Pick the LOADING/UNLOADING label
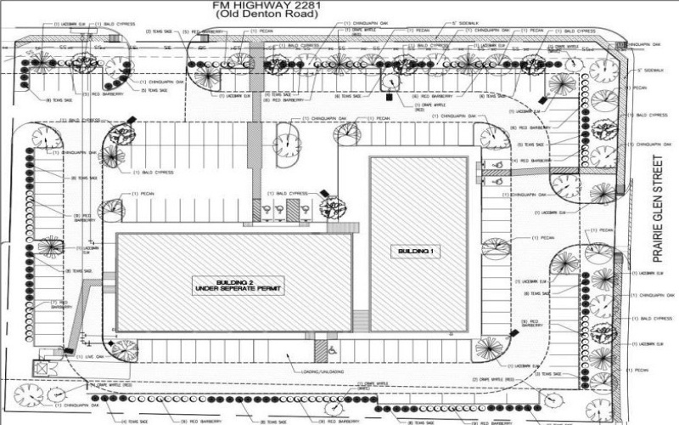(x=322, y=371)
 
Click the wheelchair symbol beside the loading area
(x=332, y=349)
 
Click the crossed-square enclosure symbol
(x=41, y=368)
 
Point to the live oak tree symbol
(x=124, y=349)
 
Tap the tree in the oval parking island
(x=286, y=145)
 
